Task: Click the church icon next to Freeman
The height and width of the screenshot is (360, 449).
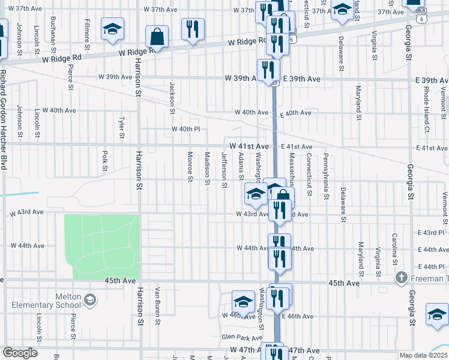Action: tap(402, 278)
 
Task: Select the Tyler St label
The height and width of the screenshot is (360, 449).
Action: tap(122, 127)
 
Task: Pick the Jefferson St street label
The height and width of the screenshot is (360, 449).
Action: tap(224, 170)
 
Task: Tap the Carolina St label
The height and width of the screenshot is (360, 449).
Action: tap(395, 248)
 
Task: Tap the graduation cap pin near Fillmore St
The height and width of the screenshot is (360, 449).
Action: tap(112, 29)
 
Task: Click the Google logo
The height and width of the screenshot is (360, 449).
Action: tap(20, 353)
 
